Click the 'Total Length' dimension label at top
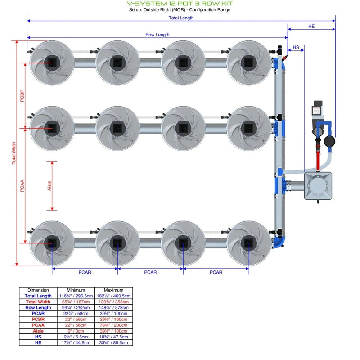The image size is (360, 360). [x=181, y=18]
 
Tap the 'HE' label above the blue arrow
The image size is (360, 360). [x=311, y=27]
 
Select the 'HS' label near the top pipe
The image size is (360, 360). [x=296, y=47]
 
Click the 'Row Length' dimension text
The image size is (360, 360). [x=157, y=35]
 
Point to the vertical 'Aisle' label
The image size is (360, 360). [x=49, y=185]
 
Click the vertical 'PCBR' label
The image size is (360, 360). [x=22, y=95]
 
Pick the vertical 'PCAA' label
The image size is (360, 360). [x=22, y=184]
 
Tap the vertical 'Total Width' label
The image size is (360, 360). [x=14, y=153]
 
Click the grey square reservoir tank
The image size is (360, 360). [x=319, y=185]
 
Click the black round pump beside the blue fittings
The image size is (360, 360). [x=329, y=141]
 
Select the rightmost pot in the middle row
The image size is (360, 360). [x=248, y=128]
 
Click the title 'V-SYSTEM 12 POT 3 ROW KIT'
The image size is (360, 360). [x=180, y=4]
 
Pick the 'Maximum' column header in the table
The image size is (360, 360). [x=114, y=290]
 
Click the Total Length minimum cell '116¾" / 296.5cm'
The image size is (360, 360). [x=76, y=296]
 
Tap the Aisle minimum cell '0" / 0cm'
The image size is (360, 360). [x=76, y=331]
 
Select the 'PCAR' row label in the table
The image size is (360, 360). [x=38, y=314]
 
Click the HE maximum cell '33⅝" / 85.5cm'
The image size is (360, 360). [x=114, y=343]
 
